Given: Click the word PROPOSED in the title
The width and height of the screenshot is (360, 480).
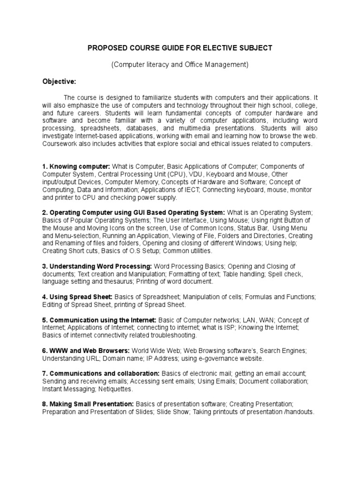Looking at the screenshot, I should pos(107,48).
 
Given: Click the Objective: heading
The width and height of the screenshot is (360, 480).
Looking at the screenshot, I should pos(59,82).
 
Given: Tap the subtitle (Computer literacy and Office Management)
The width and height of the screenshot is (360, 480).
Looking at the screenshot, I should pos(180,65).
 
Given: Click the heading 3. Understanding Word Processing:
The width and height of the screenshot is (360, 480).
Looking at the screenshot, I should pos(100,266).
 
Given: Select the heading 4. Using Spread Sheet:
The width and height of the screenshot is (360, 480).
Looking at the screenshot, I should pos(77,297).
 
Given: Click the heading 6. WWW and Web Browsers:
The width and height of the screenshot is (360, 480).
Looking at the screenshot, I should pos(86,350).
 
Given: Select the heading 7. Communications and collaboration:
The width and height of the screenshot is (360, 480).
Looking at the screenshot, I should pos(101,373).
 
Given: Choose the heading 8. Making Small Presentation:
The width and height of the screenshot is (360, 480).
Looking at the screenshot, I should pos(88,404).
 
